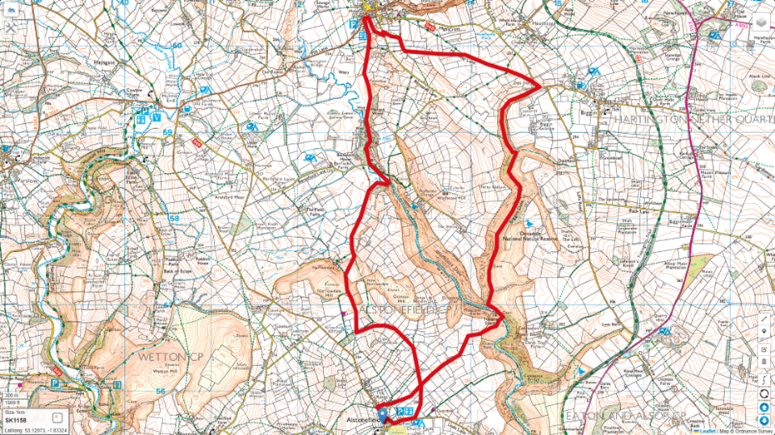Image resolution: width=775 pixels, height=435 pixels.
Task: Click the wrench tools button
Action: pyautogui.click(x=10, y=27)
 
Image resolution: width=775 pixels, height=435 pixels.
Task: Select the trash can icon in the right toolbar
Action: pyautogui.click(x=764, y=363)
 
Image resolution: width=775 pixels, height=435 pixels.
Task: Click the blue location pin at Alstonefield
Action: pyautogui.click(x=383, y=413)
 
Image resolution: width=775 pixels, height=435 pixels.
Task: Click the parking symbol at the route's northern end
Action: pyautogui.click(x=353, y=25)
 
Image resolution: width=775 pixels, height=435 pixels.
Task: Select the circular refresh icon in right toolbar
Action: pyautogui.click(x=764, y=393)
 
